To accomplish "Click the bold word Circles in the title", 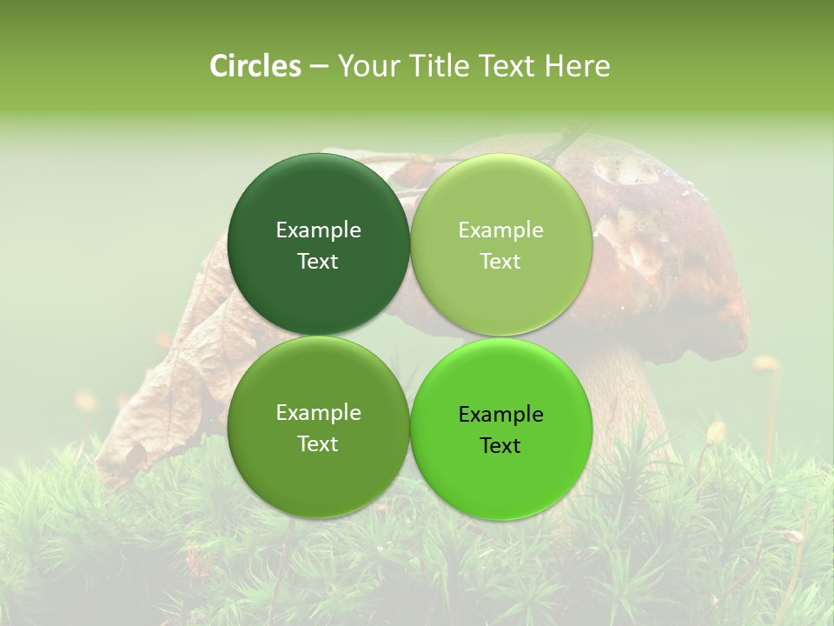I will [255, 66].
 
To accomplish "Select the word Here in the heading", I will [578, 66].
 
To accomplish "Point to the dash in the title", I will [319, 67].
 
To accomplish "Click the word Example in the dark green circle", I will [318, 230].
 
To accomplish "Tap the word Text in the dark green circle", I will [318, 261].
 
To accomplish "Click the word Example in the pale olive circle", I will [501, 230].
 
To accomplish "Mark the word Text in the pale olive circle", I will [501, 261].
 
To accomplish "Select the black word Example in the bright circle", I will [501, 414].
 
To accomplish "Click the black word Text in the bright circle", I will [501, 445].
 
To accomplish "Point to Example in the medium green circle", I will [318, 412].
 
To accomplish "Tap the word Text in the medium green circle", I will [318, 443].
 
